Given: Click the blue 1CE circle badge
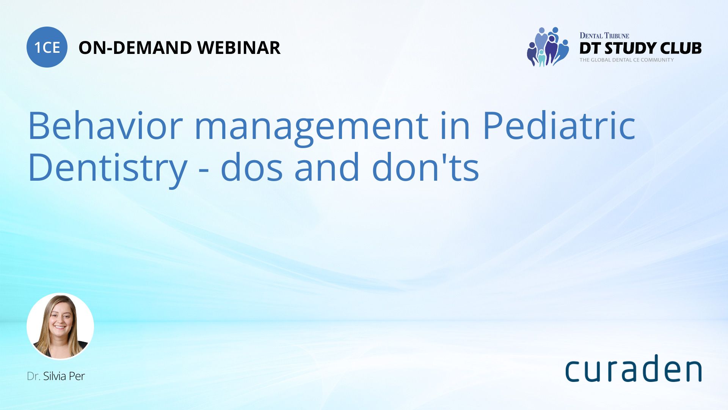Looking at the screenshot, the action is coord(47,47).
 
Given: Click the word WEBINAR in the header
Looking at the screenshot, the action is coord(239,48).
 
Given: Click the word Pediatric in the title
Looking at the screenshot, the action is coord(559,126).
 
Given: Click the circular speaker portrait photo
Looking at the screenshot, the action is coord(60,326).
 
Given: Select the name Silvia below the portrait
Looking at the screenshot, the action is coord(55,376).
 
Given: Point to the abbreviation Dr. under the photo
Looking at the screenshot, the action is coord(33,376).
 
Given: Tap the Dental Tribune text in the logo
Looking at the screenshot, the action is coord(604,36).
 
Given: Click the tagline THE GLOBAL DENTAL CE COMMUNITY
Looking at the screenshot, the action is coord(626,60).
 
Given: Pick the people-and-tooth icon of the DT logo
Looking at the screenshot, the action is coord(548,47).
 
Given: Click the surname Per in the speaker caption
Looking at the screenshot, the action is coord(77,376).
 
